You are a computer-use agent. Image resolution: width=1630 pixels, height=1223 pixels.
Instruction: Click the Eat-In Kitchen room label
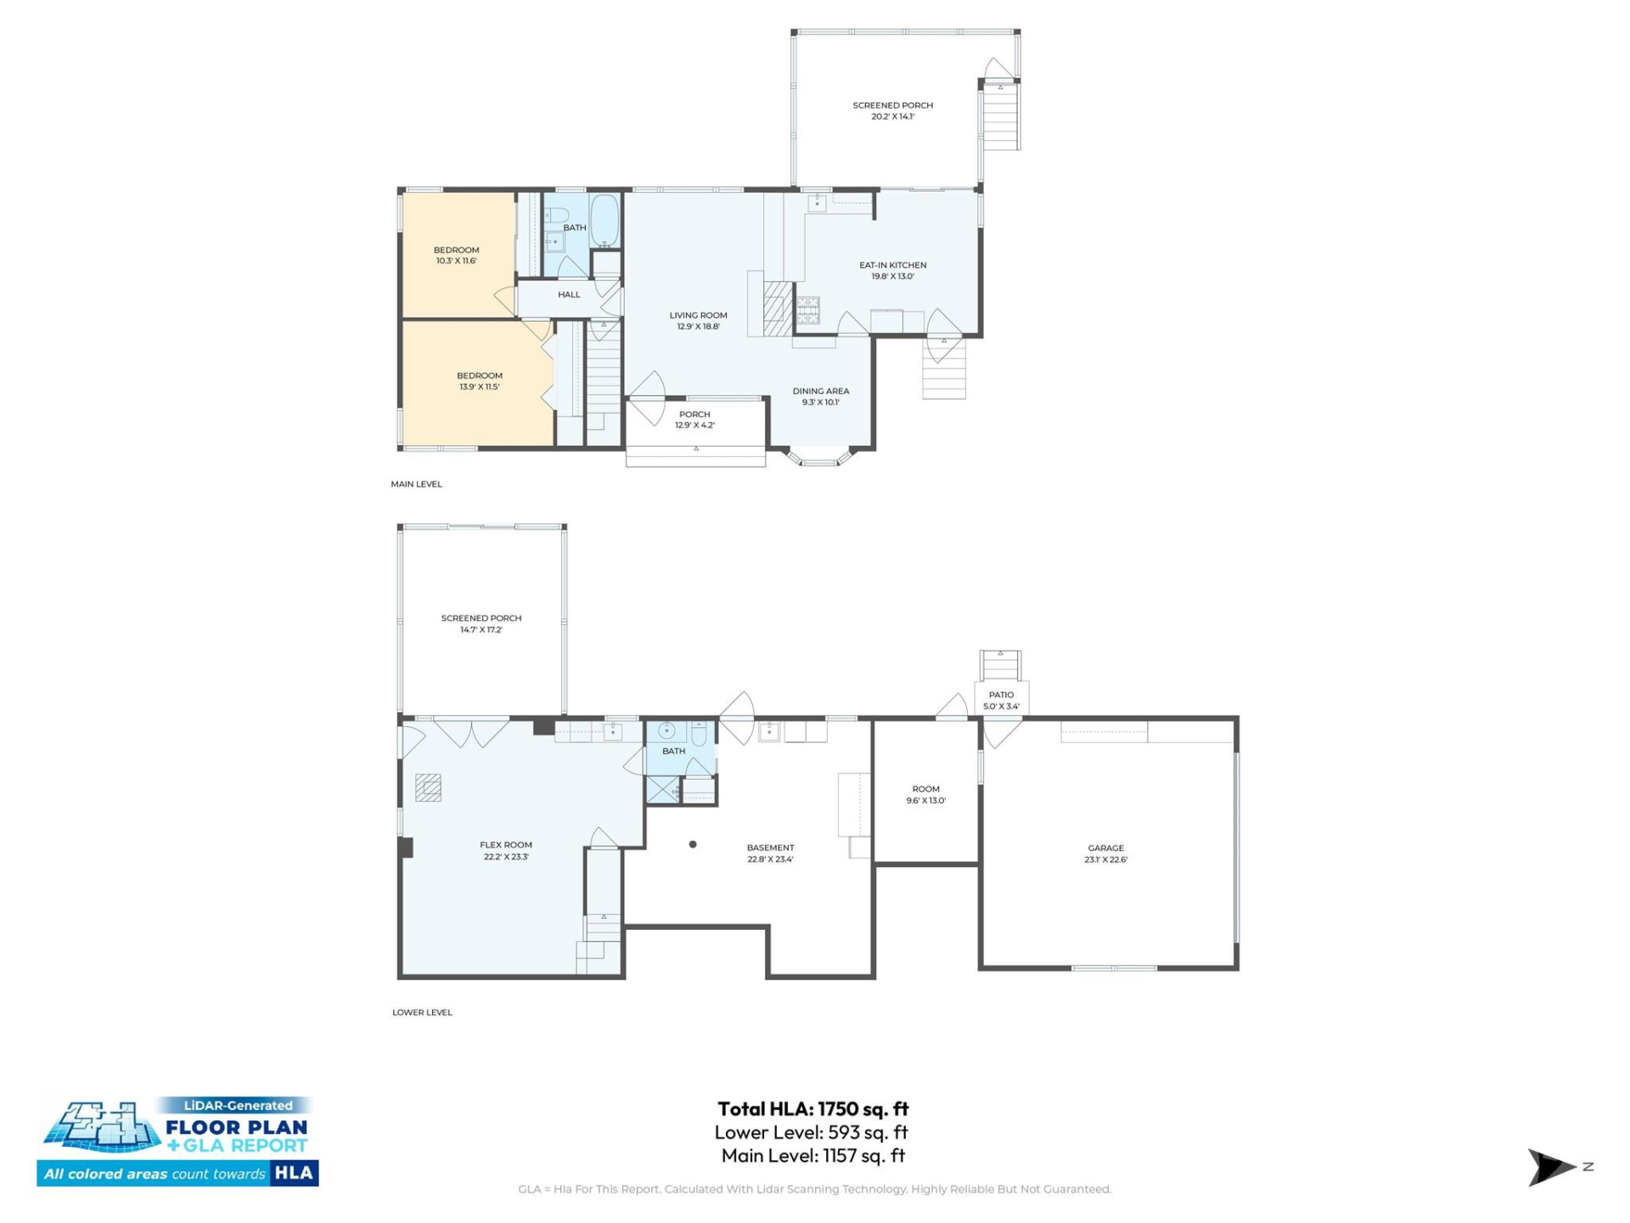pyautogui.click(x=892, y=270)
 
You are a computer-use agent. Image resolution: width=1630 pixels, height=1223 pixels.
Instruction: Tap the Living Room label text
pyautogui.click(x=698, y=320)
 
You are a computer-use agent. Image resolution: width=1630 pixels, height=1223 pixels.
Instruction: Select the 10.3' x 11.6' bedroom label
pyautogui.click(x=457, y=255)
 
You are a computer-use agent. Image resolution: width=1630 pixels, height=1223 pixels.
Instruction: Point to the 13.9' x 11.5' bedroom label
pyautogui.click(x=480, y=380)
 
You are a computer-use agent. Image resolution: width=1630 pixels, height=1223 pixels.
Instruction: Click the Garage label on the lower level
pyautogui.click(x=1105, y=853)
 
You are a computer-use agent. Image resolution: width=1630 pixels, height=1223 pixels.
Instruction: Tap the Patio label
pyautogui.click(x=1001, y=700)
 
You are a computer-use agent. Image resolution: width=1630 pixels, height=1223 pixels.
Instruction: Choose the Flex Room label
pyautogui.click(x=506, y=850)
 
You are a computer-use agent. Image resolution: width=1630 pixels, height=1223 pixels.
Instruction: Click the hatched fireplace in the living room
pyautogui.click(x=777, y=308)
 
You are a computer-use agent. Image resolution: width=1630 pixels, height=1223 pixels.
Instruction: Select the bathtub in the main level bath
pyautogui.click(x=604, y=221)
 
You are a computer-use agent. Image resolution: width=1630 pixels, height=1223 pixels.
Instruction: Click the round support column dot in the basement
pyautogui.click(x=693, y=844)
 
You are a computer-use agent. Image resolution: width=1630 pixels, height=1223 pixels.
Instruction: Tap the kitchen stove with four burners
pyautogui.click(x=807, y=310)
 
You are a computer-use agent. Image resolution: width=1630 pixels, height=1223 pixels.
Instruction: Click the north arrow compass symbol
pyautogui.click(x=1551, y=1167)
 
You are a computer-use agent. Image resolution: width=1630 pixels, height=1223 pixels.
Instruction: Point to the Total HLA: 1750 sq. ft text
pyautogui.click(x=812, y=1108)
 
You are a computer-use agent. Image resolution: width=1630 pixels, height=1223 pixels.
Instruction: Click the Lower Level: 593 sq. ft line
pyautogui.click(x=811, y=1132)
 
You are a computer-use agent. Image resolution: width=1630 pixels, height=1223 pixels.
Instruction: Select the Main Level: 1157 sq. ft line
pyautogui.click(x=812, y=1155)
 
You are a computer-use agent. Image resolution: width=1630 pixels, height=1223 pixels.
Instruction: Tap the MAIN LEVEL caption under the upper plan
pyautogui.click(x=416, y=484)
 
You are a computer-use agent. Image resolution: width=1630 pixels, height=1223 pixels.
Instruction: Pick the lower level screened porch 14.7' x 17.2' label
pyautogui.click(x=481, y=623)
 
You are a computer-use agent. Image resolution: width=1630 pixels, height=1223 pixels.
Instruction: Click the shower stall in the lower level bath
pyautogui.click(x=662, y=789)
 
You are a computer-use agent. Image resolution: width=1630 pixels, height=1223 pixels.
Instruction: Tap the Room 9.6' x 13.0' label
pyautogui.click(x=925, y=794)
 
